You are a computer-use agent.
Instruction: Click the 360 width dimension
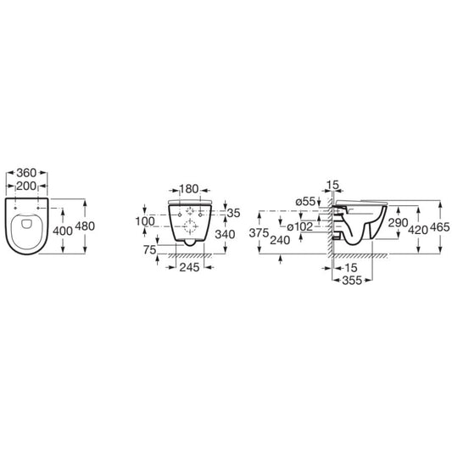pos(26,173)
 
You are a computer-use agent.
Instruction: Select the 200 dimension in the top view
pos(26,187)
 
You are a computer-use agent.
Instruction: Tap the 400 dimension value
pos(63,231)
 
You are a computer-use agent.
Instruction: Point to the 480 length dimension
pos(85,226)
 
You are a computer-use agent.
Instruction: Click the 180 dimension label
pos(189,189)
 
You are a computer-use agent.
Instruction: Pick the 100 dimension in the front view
pos(145,221)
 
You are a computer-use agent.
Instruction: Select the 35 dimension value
pos(233,214)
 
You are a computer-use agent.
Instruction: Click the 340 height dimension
pos(225,234)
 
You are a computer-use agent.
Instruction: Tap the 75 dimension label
pos(150,250)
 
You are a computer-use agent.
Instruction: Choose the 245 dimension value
pos(189,267)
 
